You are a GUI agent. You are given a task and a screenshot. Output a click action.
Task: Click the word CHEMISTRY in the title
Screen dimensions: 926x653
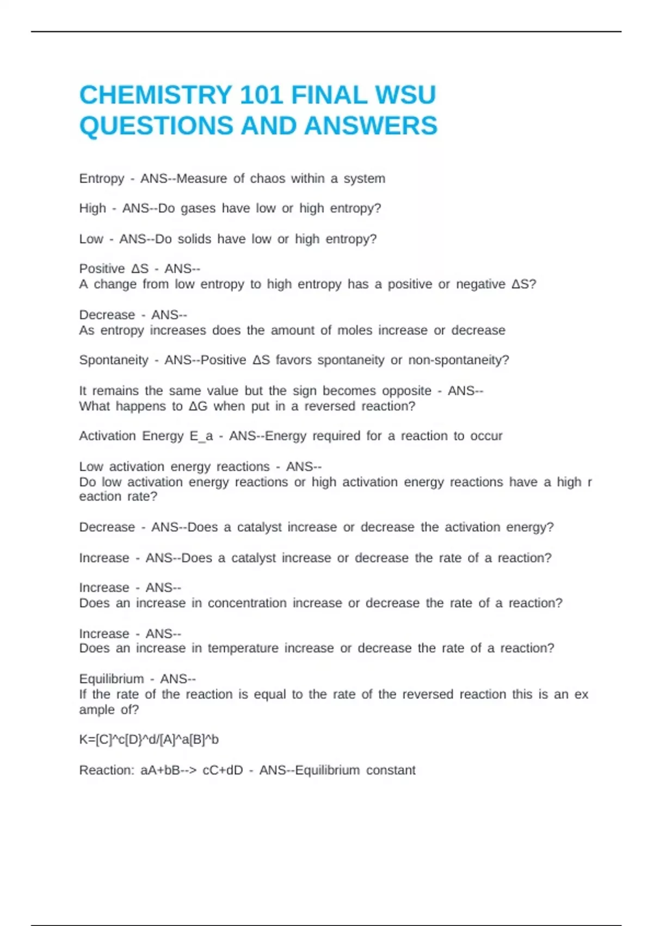[x=156, y=95]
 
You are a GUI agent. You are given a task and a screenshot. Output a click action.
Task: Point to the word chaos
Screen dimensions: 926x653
[x=267, y=179]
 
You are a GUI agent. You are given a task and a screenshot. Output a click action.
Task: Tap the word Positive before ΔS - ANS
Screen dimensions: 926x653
[x=102, y=269]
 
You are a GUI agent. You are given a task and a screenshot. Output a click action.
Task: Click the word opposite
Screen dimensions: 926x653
[x=406, y=391]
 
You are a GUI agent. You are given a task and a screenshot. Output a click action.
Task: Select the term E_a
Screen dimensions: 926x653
[x=201, y=436]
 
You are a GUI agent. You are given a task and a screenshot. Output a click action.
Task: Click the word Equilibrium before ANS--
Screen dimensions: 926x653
[x=112, y=679]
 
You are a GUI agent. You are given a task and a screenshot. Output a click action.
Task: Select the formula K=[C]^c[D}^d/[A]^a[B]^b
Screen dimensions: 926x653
[x=149, y=740]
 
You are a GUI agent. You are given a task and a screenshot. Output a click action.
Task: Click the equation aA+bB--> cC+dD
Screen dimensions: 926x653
[x=192, y=770]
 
